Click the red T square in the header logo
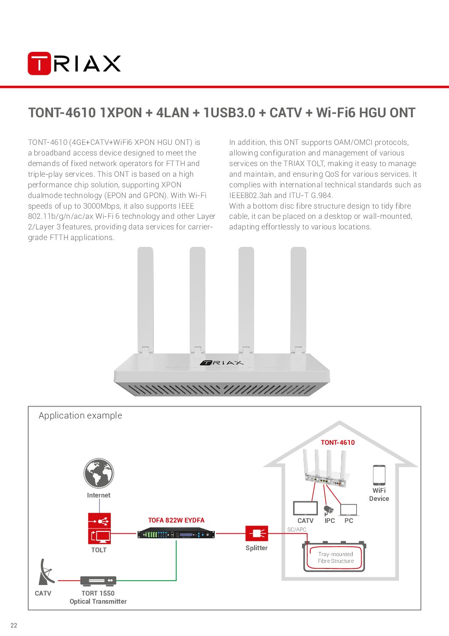pos(39,63)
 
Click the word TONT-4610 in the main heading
pos(62,113)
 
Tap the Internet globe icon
pos(99,473)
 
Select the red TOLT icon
pos(99,529)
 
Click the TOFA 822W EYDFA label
pos(176,520)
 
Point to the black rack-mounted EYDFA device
pos(176,534)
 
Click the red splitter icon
pos(256,534)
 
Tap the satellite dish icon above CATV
pos(46,572)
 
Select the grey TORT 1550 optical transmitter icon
pos(98,581)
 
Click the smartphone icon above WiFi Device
pos(379,475)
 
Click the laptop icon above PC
pos(349,510)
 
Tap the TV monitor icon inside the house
pos(305,509)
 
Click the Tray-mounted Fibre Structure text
pos(336,557)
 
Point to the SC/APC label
pos(297,529)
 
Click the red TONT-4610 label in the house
pos(337,442)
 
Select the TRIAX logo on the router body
pos(222,362)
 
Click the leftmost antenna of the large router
pos(146,300)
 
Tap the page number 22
pos(14,625)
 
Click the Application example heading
pos(80,416)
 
